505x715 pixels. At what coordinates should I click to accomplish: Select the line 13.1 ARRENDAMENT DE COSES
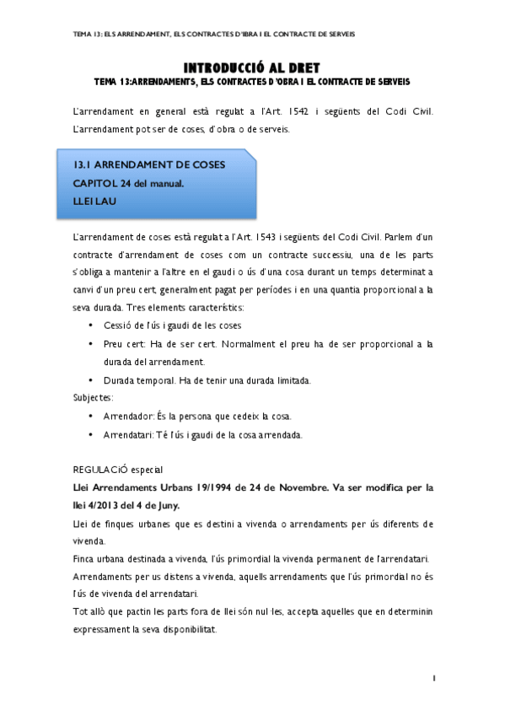(x=150, y=164)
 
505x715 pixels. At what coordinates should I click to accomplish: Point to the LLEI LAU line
(x=93, y=202)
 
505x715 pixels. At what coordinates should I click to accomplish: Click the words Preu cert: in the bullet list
(x=124, y=344)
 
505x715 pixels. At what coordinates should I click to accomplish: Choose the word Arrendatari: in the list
(x=129, y=435)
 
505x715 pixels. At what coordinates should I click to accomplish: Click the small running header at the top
(x=215, y=35)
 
